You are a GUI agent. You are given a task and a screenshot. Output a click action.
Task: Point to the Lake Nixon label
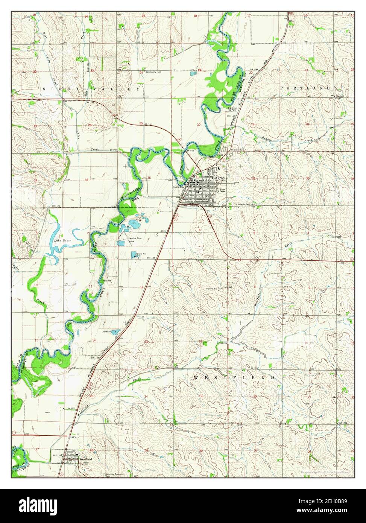(x=62, y=240)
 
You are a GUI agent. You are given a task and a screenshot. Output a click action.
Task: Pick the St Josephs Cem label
(x=243, y=205)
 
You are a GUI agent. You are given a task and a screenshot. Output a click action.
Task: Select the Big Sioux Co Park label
(x=232, y=109)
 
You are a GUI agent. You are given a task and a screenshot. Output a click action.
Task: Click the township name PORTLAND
(x=305, y=88)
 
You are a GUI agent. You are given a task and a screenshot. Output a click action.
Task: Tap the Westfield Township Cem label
(x=115, y=475)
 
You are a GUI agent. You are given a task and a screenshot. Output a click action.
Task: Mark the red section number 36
(x=149, y=178)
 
